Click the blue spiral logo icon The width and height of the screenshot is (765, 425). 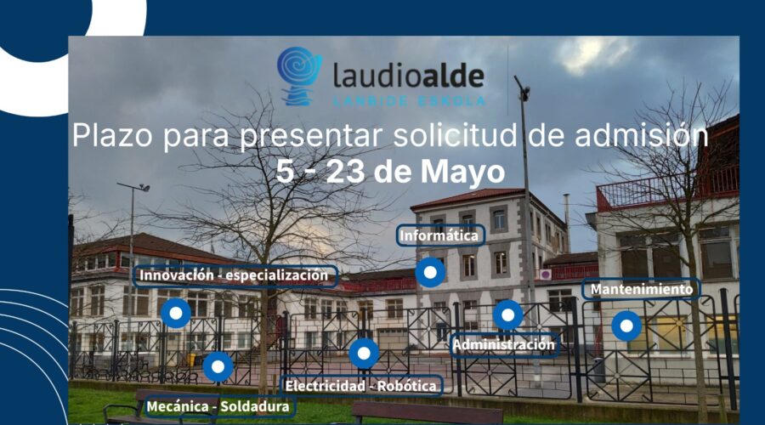tap(299, 76)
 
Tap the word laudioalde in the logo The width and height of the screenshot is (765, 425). tap(409, 76)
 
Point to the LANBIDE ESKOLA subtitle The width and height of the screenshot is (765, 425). tap(409, 101)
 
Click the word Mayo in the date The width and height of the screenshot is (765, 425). tap(462, 173)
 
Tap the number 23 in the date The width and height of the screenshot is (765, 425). tap(345, 172)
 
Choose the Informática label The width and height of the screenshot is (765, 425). tap(439, 235)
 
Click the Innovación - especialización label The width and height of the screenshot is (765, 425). tap(235, 275)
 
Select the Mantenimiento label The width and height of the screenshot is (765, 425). tap(642, 289)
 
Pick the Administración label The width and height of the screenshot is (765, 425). tap(504, 345)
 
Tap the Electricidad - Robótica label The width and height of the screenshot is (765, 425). tap(361, 386)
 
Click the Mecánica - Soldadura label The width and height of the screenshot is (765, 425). tap(218, 406)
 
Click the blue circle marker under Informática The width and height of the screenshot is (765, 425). tap(430, 272)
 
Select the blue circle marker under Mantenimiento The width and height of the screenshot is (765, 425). tap(626, 326)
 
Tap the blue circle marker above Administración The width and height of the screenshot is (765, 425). tap(508, 314)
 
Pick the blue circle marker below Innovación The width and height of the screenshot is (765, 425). tap(176, 313)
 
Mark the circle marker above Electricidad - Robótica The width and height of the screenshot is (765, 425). tap(364, 353)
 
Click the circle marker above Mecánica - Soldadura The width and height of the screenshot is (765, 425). tap(218, 366)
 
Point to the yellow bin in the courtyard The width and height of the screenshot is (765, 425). tap(194, 360)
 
